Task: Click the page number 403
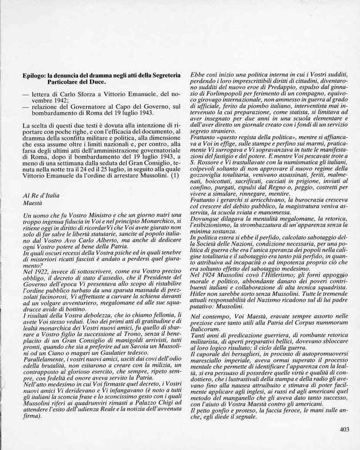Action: pos(345,429)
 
